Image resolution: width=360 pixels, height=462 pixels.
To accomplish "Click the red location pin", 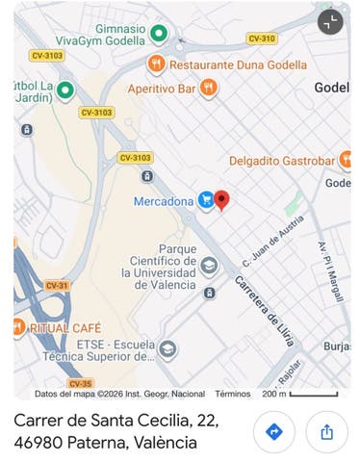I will (x=221, y=199).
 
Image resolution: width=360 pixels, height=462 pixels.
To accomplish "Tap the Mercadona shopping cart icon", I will (x=205, y=201).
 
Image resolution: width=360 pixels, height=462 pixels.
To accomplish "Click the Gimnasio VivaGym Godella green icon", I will (x=160, y=34).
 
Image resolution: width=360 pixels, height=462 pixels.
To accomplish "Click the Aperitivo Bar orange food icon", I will (x=208, y=89).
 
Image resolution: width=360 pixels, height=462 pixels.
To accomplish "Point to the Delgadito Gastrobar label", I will (x=282, y=160).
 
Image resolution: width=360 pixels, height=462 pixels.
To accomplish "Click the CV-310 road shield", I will (x=261, y=38).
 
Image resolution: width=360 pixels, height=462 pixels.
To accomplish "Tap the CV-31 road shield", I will (x=57, y=285).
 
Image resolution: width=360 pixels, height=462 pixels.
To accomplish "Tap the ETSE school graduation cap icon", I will (x=167, y=348).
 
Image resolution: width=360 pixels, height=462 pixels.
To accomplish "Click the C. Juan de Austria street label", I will (x=266, y=242).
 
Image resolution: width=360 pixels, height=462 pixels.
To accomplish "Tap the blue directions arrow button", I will (x=273, y=432).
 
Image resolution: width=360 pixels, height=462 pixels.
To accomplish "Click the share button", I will (x=326, y=432).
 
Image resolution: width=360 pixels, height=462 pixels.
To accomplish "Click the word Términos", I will (x=232, y=394).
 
